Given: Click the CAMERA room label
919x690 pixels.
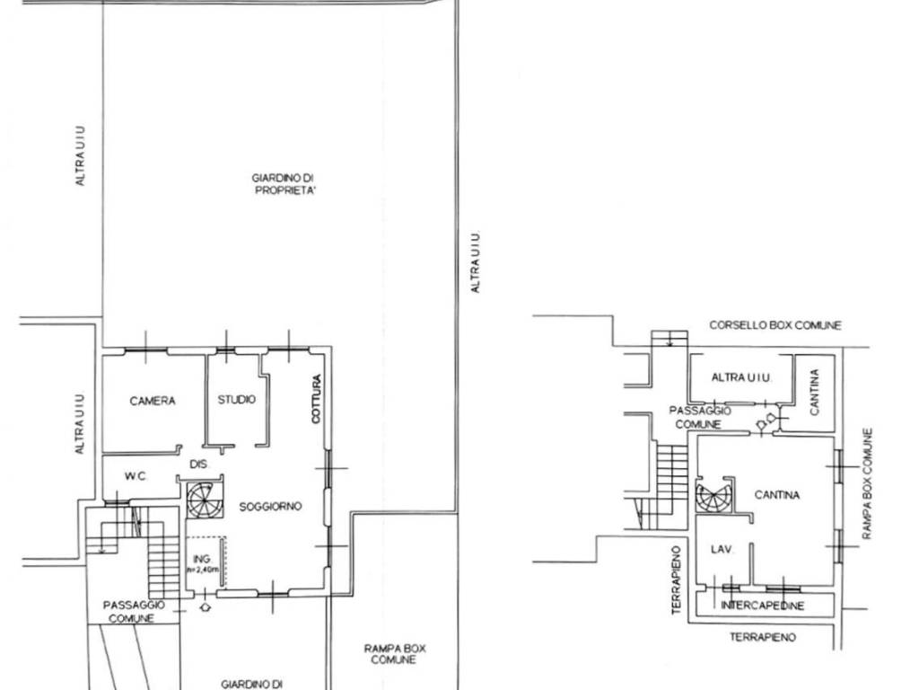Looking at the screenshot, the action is (153, 402).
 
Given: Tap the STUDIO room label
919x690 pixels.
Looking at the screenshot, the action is (237, 400).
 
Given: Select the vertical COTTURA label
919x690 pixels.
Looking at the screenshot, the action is (317, 399).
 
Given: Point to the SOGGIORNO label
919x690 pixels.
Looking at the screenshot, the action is (270, 507).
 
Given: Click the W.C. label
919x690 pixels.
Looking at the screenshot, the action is (136, 476).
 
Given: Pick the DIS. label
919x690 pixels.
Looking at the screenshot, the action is (199, 464).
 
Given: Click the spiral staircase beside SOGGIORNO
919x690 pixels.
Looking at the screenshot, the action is (205, 500).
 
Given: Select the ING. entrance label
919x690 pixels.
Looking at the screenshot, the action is (202, 559).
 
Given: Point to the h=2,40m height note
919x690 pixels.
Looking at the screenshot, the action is (203, 570).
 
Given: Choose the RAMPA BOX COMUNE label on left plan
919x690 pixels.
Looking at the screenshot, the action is (394, 654).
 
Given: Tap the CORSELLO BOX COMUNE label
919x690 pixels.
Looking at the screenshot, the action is (775, 325).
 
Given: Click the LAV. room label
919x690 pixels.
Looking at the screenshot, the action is (722, 550).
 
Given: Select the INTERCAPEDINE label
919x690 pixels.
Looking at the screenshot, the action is (763, 606).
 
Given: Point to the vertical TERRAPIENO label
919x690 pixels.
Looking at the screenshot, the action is (677, 580).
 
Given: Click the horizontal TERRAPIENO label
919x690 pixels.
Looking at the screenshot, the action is (763, 637).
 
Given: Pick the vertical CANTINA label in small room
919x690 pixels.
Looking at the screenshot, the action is (815, 393).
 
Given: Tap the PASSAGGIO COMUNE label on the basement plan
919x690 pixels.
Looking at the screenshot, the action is (699, 417).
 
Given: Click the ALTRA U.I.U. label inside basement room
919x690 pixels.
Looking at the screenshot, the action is (741, 377).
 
